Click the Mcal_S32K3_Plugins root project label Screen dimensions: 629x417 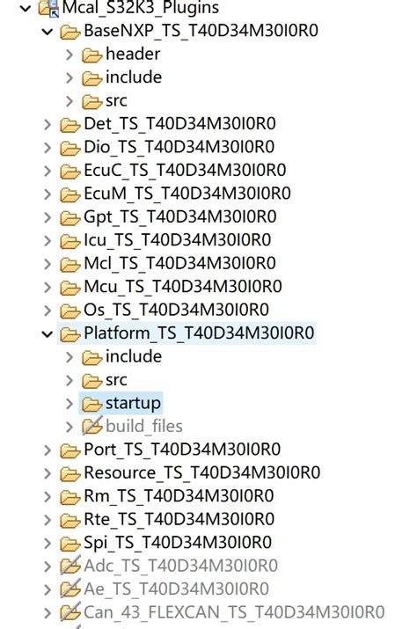pos(141,9)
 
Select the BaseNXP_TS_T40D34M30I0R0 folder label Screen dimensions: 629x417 pos(201,32)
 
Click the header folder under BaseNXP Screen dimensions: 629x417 pos(133,55)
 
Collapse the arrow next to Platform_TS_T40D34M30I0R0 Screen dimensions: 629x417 pos(48,333)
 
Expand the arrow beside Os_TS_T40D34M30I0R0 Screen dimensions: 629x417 pos(48,310)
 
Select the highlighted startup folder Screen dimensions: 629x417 pos(133,403)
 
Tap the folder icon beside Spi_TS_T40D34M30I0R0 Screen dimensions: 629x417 pos(69,543)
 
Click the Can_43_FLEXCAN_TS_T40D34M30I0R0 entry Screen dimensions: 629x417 pos(233,612)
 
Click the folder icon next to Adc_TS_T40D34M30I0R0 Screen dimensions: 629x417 pos(69,566)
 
